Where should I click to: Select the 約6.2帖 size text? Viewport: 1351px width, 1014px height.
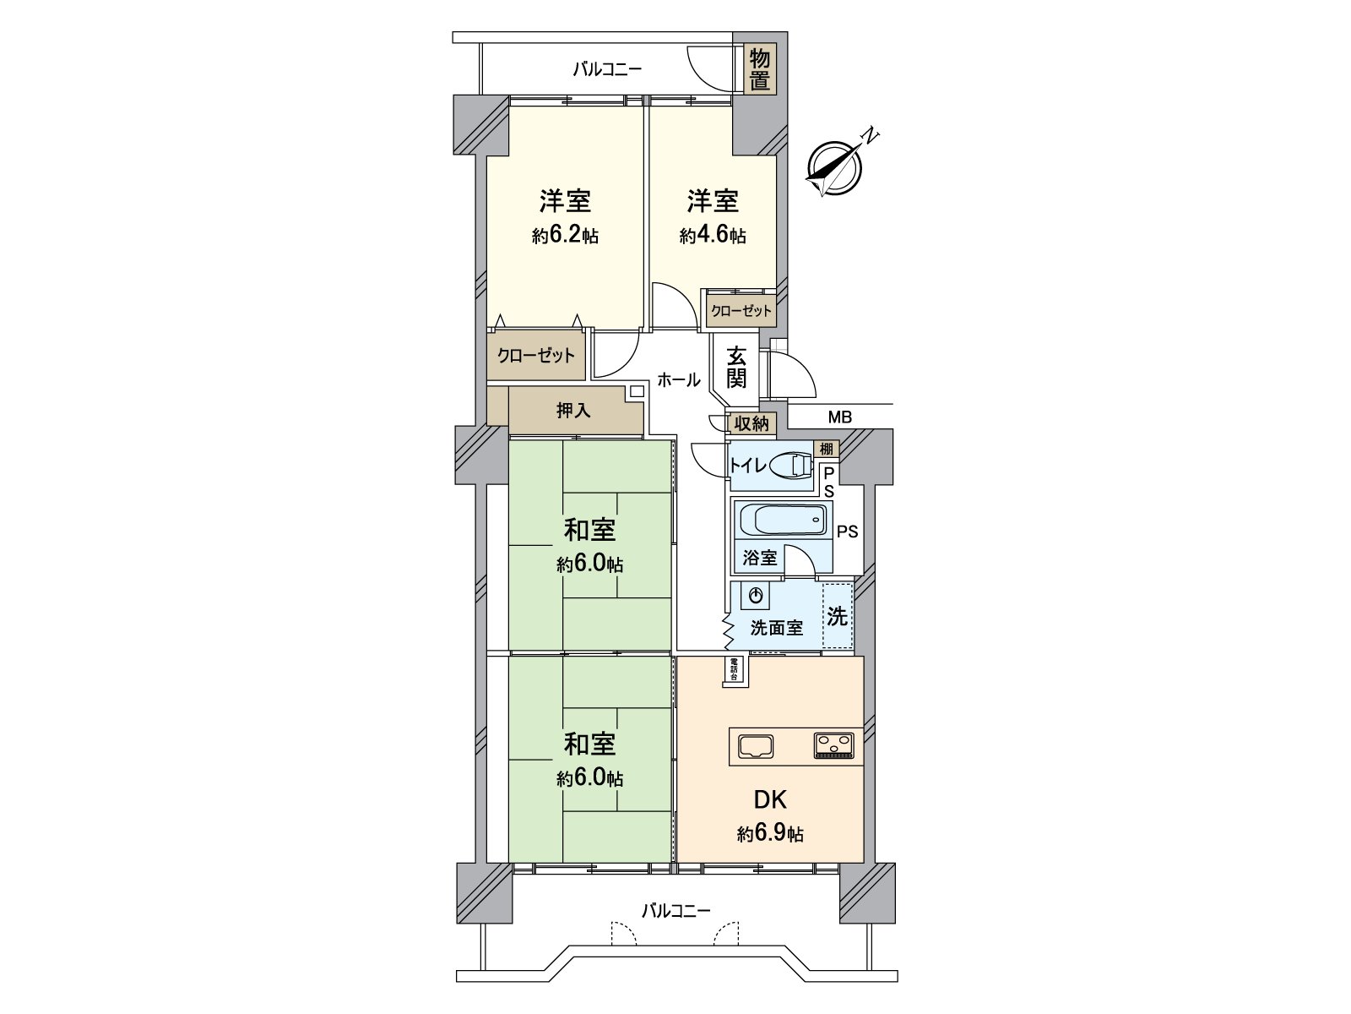pos(565,237)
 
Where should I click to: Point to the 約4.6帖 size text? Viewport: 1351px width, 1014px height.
pos(713,237)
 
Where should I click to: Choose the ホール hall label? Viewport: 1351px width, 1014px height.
pos(678,380)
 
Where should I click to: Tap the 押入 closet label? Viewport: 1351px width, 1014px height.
pos(573,411)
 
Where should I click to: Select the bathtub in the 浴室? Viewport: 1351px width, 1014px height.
pos(782,520)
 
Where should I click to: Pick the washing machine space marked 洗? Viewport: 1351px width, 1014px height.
pos(837,616)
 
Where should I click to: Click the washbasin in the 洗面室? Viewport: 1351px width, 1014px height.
pos(756,596)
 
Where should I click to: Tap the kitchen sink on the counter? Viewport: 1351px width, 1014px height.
pos(757,746)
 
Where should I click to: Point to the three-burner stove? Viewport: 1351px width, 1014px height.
pos(834,745)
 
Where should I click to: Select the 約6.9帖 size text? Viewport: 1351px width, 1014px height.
pos(769,835)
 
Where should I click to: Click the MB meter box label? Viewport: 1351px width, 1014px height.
pos(839,417)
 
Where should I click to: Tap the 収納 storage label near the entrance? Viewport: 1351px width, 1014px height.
pos(751,423)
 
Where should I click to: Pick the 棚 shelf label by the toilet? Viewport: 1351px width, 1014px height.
pos(826,448)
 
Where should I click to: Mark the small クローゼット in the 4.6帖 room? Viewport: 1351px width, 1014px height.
pos(741,311)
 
